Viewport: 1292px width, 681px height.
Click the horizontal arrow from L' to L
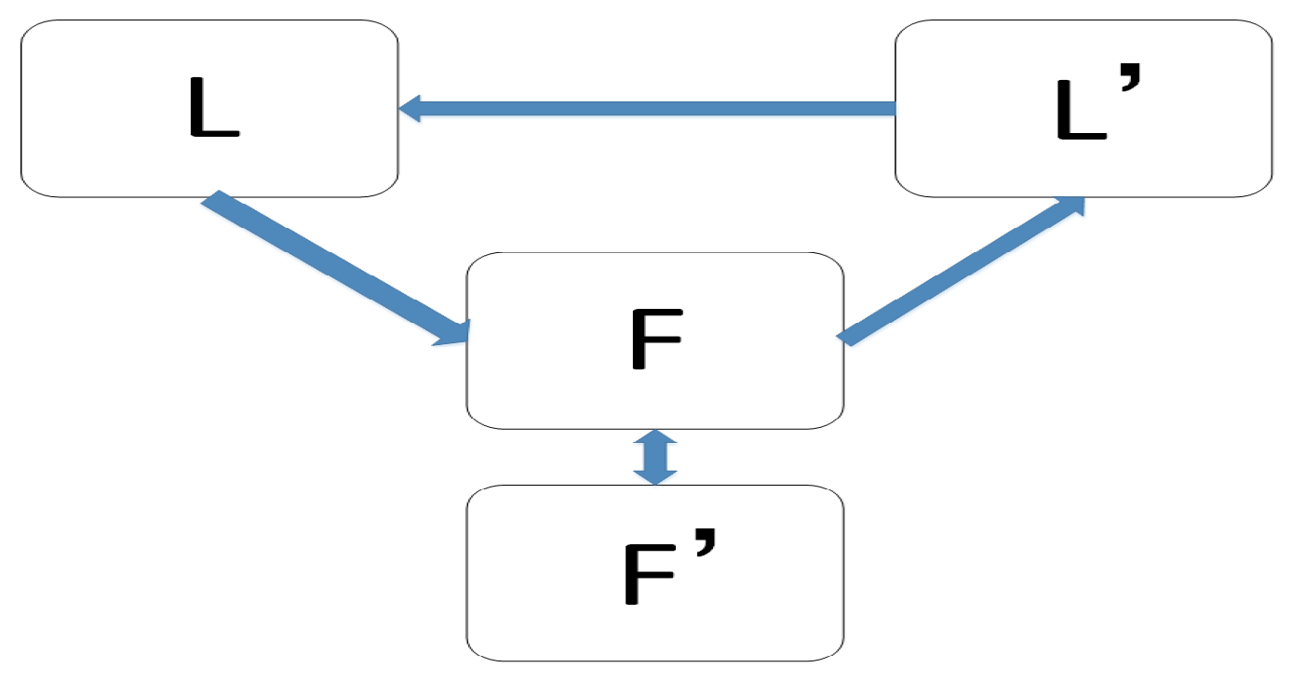pyautogui.click(x=652, y=108)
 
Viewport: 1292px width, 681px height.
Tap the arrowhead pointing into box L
pyautogui.click(x=410, y=108)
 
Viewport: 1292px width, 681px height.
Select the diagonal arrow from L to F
pyautogui.click(x=326, y=265)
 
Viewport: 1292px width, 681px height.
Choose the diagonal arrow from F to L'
pyautogui.click(x=959, y=271)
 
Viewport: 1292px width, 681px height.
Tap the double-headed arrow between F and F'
pyautogui.click(x=655, y=457)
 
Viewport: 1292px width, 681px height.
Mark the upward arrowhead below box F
pyautogui.click(x=655, y=438)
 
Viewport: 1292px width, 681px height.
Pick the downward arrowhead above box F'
pyautogui.click(x=655, y=475)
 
